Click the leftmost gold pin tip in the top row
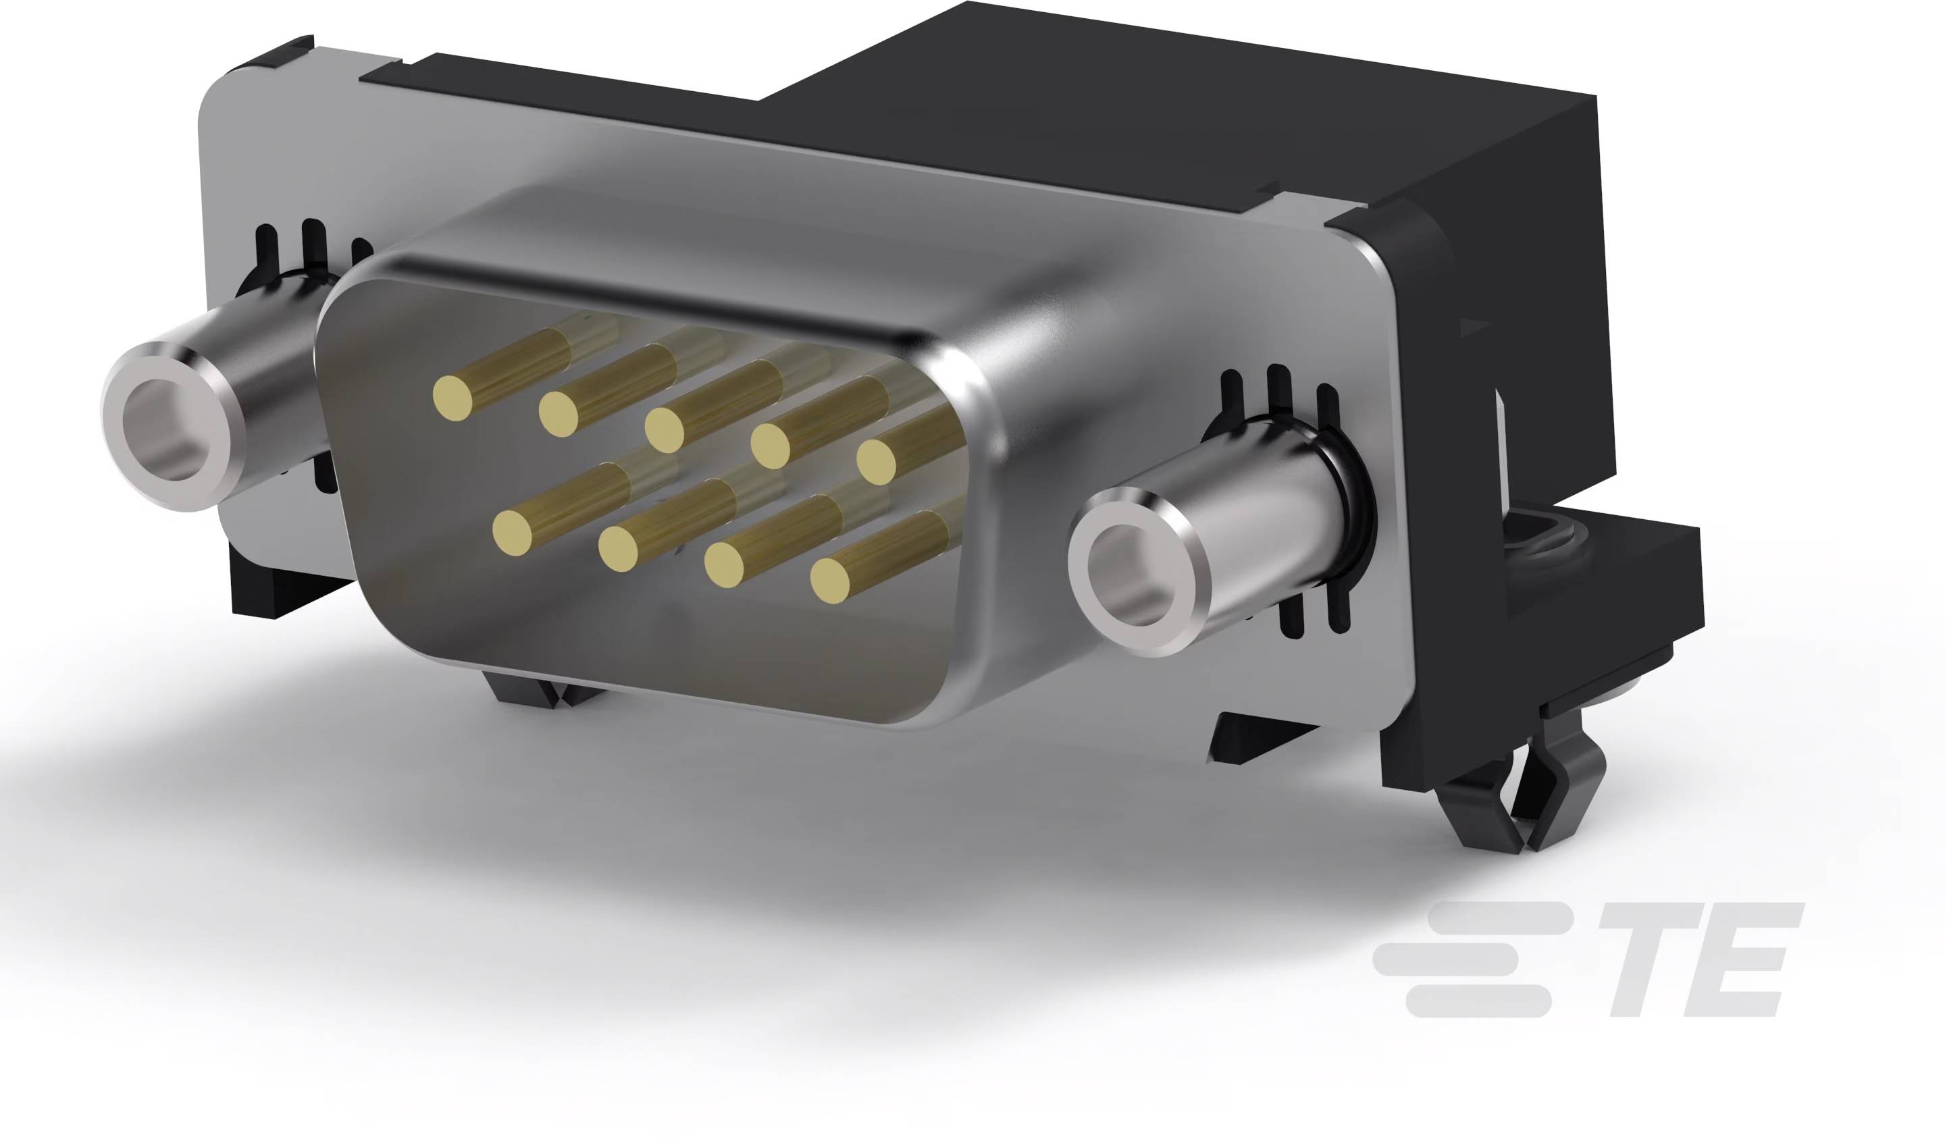point(452,398)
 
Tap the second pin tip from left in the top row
point(558,414)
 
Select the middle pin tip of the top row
point(664,429)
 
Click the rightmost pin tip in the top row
point(876,462)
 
